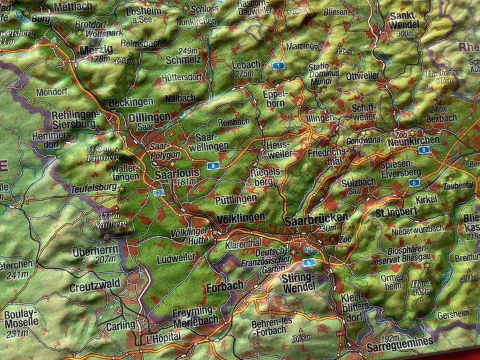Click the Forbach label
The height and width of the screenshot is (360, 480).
click(x=225, y=287)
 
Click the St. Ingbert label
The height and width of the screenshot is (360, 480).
click(x=396, y=212)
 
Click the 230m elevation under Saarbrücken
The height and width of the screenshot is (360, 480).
click(x=328, y=229)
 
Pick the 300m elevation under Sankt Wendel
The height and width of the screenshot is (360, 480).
click(x=405, y=33)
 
